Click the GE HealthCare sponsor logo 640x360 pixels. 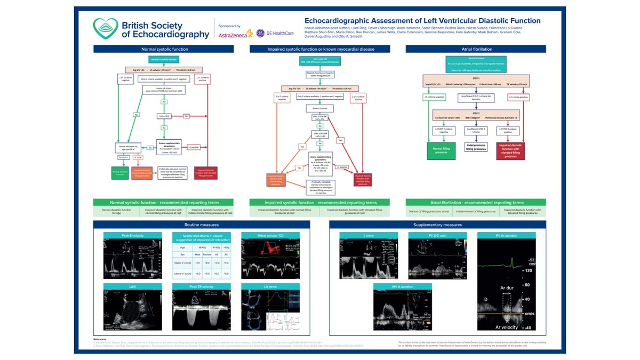[x=277, y=33]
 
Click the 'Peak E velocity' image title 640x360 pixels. [x=133, y=236]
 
